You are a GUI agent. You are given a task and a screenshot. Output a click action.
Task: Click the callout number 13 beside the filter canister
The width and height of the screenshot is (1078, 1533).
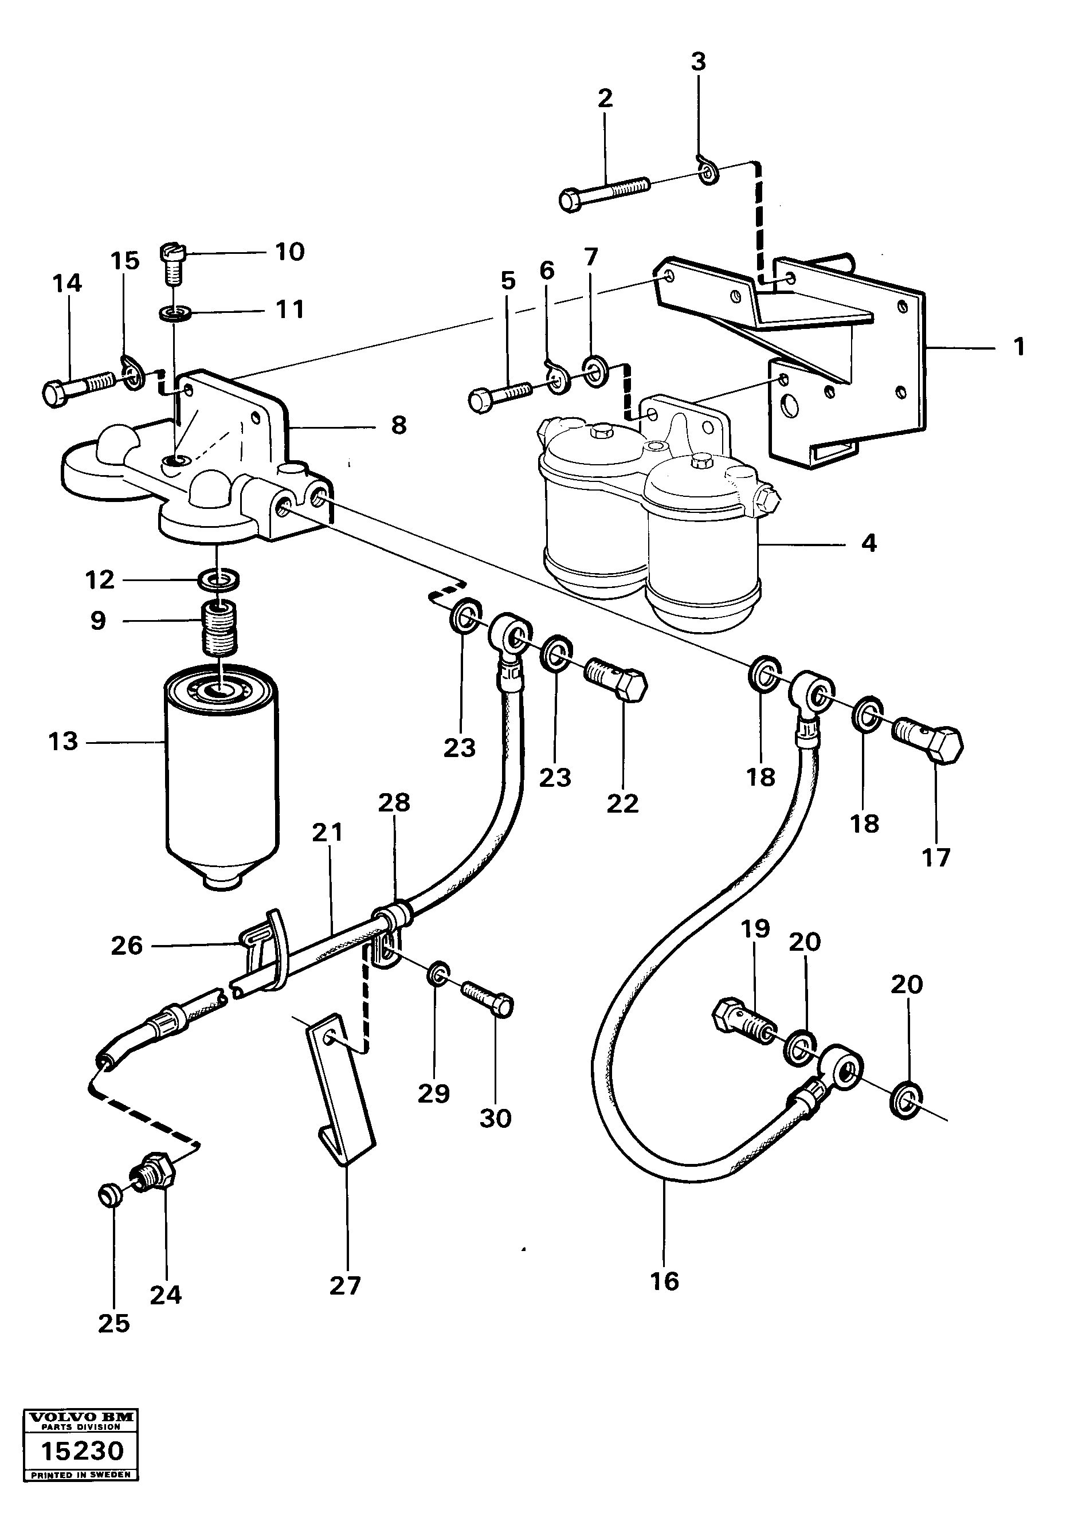click(64, 741)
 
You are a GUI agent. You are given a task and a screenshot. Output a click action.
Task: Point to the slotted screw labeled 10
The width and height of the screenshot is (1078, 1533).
click(172, 262)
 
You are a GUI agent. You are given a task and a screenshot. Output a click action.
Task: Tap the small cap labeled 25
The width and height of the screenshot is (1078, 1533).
click(109, 1194)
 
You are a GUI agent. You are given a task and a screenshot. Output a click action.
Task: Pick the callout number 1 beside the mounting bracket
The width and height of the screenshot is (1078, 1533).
click(1018, 347)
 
